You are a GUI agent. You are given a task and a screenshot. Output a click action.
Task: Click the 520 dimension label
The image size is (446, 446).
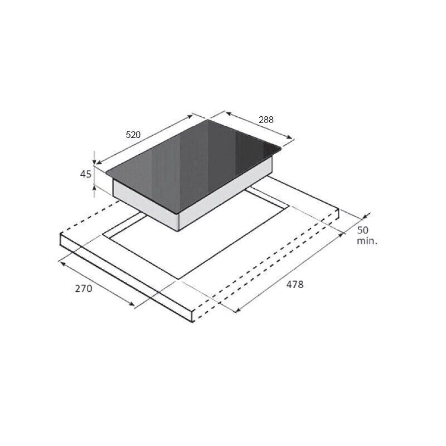pyautogui.click(x=133, y=135)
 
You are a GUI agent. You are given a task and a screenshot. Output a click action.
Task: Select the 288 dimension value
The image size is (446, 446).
pyautogui.click(x=266, y=120)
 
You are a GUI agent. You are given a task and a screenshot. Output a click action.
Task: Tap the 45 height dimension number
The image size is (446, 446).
pyautogui.click(x=86, y=174)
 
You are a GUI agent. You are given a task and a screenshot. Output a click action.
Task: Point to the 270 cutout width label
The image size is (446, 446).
pyautogui.click(x=84, y=289)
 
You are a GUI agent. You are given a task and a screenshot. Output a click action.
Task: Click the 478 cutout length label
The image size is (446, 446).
pyautogui.click(x=295, y=284)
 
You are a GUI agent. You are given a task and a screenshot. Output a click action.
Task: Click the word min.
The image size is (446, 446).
pyautogui.click(x=367, y=241)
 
